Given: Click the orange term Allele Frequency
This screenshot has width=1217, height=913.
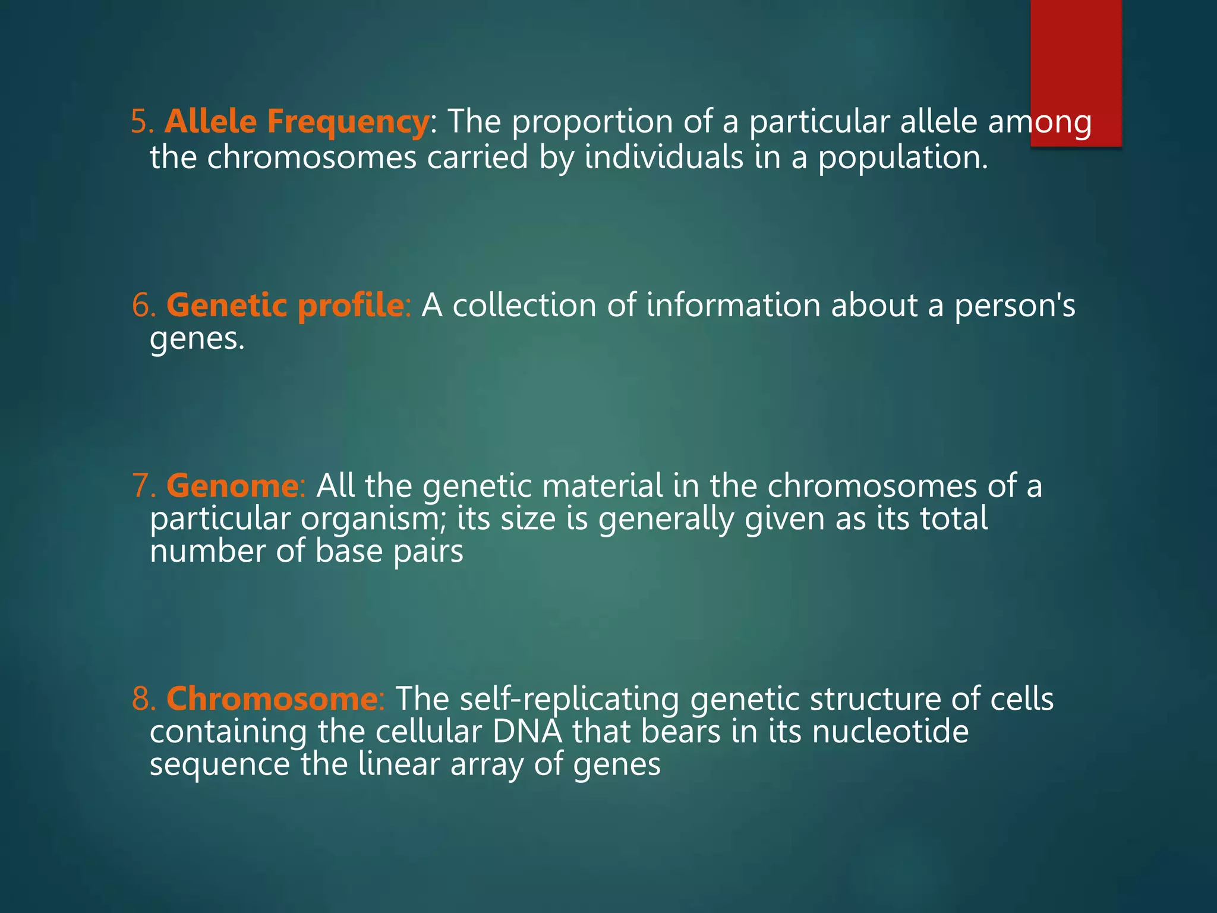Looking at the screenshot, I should pos(296,122).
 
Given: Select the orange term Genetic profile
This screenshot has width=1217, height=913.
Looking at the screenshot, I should pos(285,306).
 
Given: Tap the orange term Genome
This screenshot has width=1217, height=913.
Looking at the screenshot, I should pos(232,486).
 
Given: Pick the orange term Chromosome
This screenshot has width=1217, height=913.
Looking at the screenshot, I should pos(272,698).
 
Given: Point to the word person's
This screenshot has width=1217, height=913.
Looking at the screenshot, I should pos(1014,306).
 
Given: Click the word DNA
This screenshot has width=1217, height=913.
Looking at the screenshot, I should pos(527,731).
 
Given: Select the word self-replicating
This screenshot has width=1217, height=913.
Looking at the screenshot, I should pos(569,698).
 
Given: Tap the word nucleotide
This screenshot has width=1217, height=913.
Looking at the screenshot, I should pos(890,731).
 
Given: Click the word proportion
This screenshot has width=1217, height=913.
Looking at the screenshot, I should pos(592,122).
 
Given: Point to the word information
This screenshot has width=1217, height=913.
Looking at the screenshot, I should pos(733,306).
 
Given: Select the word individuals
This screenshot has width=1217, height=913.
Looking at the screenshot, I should pos(664,158).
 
